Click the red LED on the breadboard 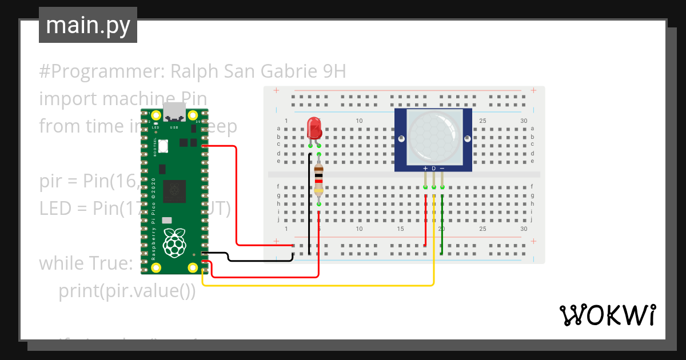click(x=314, y=129)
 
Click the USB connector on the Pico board click(x=174, y=113)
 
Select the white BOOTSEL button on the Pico click(x=163, y=146)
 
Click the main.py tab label click(x=87, y=25)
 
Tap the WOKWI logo click(x=607, y=315)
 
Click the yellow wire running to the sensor click(x=320, y=285)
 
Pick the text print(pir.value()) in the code click(x=127, y=291)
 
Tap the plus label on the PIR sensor click(x=425, y=168)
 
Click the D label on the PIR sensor click(x=434, y=168)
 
